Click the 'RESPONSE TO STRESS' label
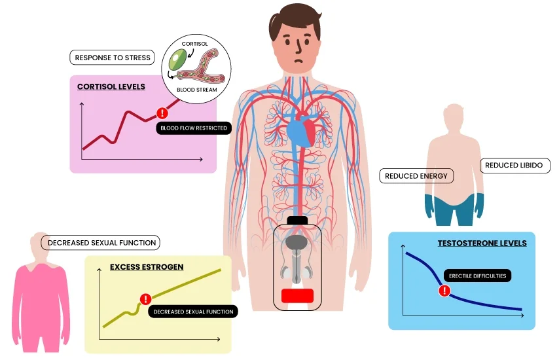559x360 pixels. pyautogui.click(x=113, y=58)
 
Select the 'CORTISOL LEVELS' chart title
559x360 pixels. pyautogui.click(x=111, y=86)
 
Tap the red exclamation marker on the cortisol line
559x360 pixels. pyautogui.click(x=162, y=113)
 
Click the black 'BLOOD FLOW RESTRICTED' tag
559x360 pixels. pyautogui.click(x=194, y=128)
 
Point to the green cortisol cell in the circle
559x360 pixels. pyautogui.click(x=177, y=60)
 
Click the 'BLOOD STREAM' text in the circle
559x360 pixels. pyautogui.click(x=197, y=90)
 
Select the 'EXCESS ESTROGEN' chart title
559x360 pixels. pyautogui.click(x=147, y=267)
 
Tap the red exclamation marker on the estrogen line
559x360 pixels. pyautogui.click(x=145, y=298)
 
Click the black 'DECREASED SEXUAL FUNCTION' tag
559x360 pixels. pyautogui.click(x=193, y=312)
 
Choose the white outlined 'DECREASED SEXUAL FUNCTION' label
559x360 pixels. pyautogui.click(x=101, y=243)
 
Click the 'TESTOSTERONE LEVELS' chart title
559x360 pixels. pyautogui.click(x=482, y=243)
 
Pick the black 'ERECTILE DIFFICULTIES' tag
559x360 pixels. pyautogui.click(x=477, y=276)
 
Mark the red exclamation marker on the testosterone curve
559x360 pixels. pyautogui.click(x=444, y=291)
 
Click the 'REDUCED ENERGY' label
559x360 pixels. pyautogui.click(x=416, y=176)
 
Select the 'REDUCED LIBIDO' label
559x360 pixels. pyautogui.click(x=514, y=166)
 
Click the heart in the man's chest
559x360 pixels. pyautogui.click(x=301, y=131)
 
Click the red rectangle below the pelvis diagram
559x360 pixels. pyautogui.click(x=297, y=296)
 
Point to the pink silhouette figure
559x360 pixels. pyautogui.click(x=41, y=293)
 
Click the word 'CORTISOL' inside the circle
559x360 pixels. pyautogui.click(x=194, y=44)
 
